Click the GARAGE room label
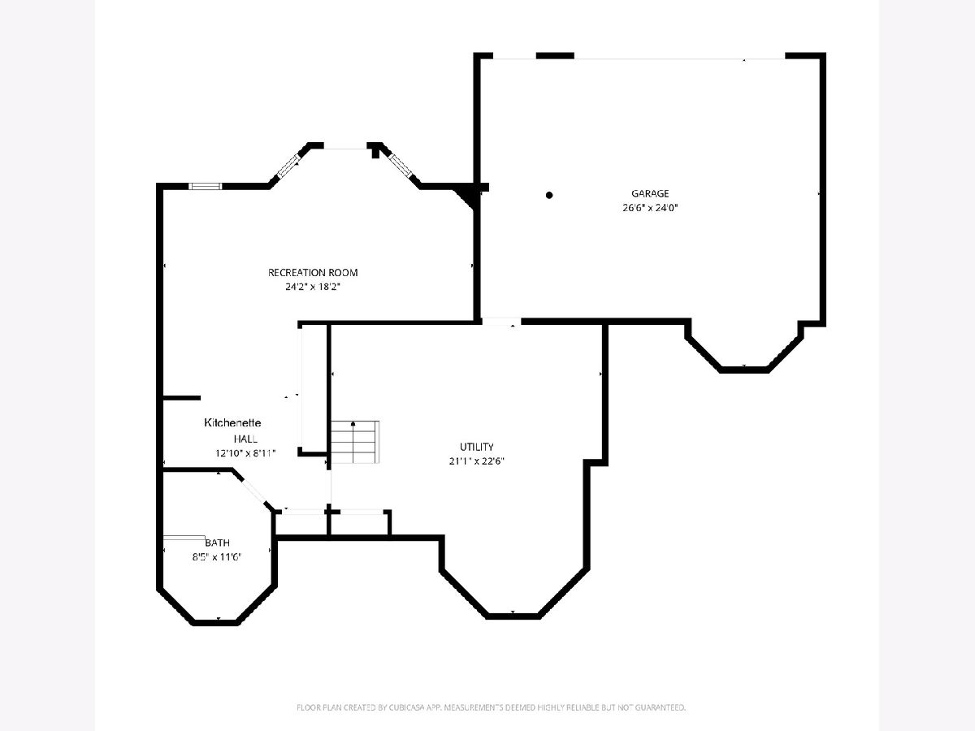650,193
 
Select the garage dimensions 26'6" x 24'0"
650,208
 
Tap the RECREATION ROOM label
313,273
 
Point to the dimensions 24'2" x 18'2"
312,287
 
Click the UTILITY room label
477,447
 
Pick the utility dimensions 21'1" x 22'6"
477,461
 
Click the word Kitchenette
232,422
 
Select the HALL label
245,439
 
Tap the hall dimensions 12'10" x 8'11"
245,453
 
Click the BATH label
217,543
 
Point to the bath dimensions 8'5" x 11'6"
216,556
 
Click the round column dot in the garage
549,195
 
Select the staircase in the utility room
355,442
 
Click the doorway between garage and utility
501,322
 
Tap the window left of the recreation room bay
206,187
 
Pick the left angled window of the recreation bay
288,166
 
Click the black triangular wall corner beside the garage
467,196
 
